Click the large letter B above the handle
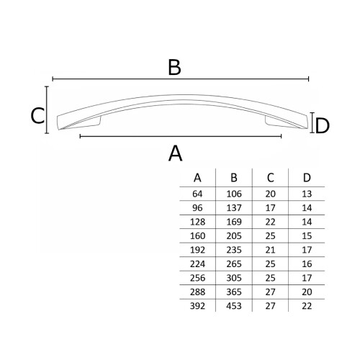tap(174, 67)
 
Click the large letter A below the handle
tap(176, 153)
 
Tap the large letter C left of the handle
tap(37, 116)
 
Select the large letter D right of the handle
tap(322, 126)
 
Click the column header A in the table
tap(197, 178)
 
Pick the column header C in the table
tap(270, 178)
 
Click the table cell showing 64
tap(197, 194)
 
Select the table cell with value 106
tap(234, 194)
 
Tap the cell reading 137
tap(234, 208)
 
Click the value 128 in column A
tap(197, 222)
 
